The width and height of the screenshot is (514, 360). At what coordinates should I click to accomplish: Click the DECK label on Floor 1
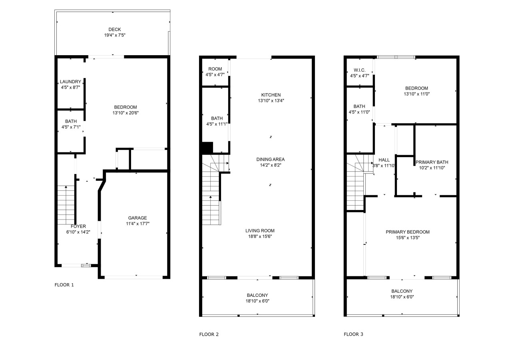[x=114, y=29]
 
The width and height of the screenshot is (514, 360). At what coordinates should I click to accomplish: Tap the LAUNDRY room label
[x=70, y=82]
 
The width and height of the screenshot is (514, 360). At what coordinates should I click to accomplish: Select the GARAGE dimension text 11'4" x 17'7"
[x=137, y=224]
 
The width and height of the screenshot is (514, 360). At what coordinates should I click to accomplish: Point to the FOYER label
[x=78, y=226]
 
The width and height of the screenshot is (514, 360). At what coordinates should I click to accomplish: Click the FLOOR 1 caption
[x=64, y=285]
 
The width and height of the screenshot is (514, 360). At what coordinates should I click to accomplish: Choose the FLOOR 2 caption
[x=209, y=334]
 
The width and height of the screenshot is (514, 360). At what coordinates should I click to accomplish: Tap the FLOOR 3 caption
[x=353, y=334]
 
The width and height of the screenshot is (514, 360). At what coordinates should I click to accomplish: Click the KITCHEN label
[x=271, y=95]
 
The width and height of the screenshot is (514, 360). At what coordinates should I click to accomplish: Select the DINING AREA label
[x=271, y=159]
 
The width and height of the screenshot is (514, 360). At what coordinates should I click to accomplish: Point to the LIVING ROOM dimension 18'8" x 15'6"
[x=260, y=236]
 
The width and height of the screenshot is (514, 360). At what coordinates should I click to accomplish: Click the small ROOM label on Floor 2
[x=215, y=69]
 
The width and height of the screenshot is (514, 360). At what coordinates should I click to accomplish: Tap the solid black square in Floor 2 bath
[x=207, y=147]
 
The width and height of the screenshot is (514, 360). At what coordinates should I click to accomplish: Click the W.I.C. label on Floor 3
[x=360, y=70]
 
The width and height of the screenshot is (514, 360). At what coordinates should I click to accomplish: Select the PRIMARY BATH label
[x=432, y=162]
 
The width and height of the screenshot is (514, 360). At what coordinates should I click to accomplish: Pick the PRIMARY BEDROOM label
[x=408, y=232]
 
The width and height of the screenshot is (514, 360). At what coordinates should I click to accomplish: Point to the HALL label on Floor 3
[x=384, y=160]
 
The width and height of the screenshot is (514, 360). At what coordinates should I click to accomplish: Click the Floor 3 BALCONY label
[x=402, y=291]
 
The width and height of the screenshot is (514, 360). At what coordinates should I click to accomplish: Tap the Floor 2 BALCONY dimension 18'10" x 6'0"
[x=257, y=301]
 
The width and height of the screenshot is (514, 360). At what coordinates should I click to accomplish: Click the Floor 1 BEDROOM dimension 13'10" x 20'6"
[x=126, y=113]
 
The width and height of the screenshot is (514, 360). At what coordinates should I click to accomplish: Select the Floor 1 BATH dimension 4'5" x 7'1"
[x=71, y=127]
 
